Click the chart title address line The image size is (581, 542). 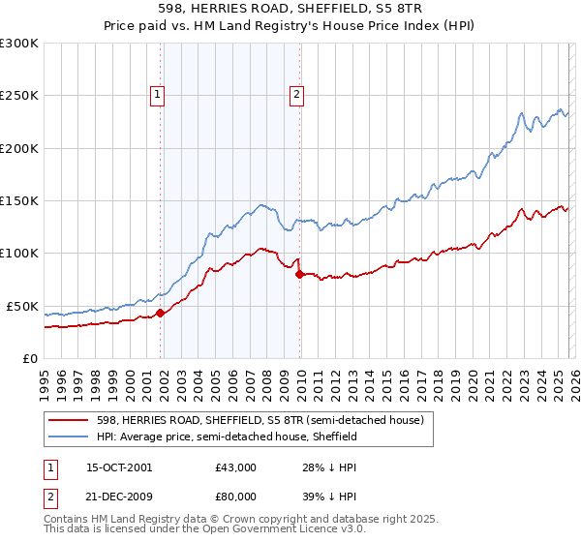(290, 9)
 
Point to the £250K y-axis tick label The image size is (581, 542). (19, 96)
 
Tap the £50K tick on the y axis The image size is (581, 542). (23, 306)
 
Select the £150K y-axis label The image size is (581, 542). (19, 201)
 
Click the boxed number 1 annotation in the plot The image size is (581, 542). (157, 94)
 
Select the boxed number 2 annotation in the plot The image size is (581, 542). (296, 94)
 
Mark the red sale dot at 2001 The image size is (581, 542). (161, 313)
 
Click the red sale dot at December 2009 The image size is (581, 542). (300, 274)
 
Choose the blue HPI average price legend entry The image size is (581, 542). (227, 437)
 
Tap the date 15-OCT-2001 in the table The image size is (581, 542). (118, 467)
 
